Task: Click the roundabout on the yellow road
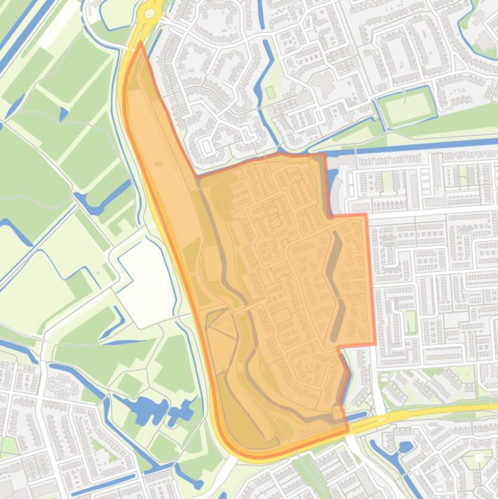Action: (x=150, y=12)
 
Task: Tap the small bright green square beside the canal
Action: (x=270, y=93)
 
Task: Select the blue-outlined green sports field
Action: (x=406, y=108)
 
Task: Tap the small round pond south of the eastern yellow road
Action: (x=405, y=447)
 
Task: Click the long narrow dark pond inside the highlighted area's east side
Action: (x=336, y=285)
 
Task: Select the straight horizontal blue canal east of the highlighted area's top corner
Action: (x=414, y=151)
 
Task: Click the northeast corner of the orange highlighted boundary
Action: (x=366, y=215)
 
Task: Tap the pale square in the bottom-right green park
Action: (x=479, y=458)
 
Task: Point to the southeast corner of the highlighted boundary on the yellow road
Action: (x=348, y=430)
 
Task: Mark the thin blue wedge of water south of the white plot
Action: (x=120, y=316)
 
